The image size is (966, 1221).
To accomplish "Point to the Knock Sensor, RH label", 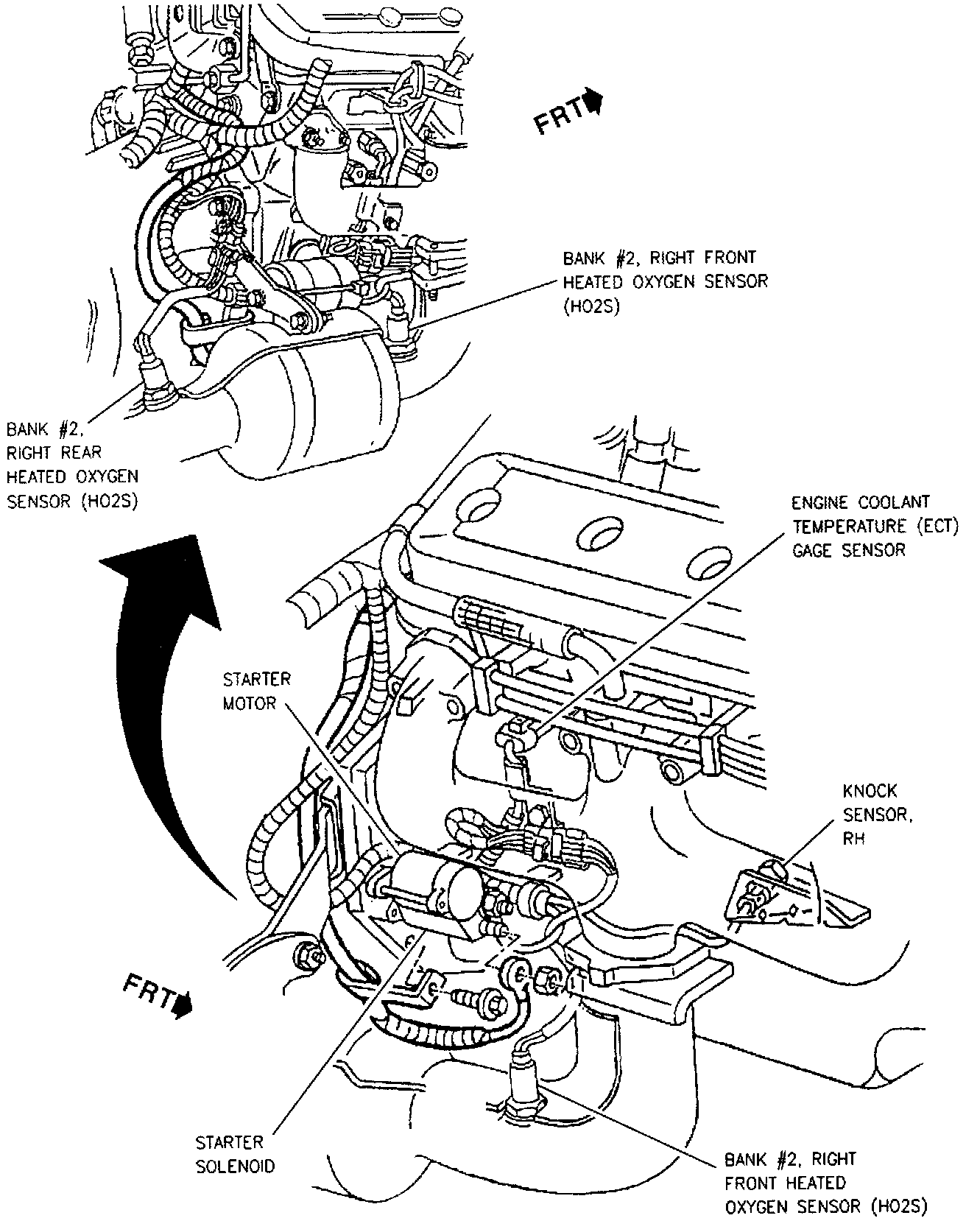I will coord(870,814).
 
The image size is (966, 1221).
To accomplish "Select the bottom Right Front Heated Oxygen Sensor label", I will coord(825,1183).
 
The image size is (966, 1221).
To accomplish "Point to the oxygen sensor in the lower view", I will coord(523,1083).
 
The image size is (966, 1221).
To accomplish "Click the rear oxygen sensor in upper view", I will coord(158,383).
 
